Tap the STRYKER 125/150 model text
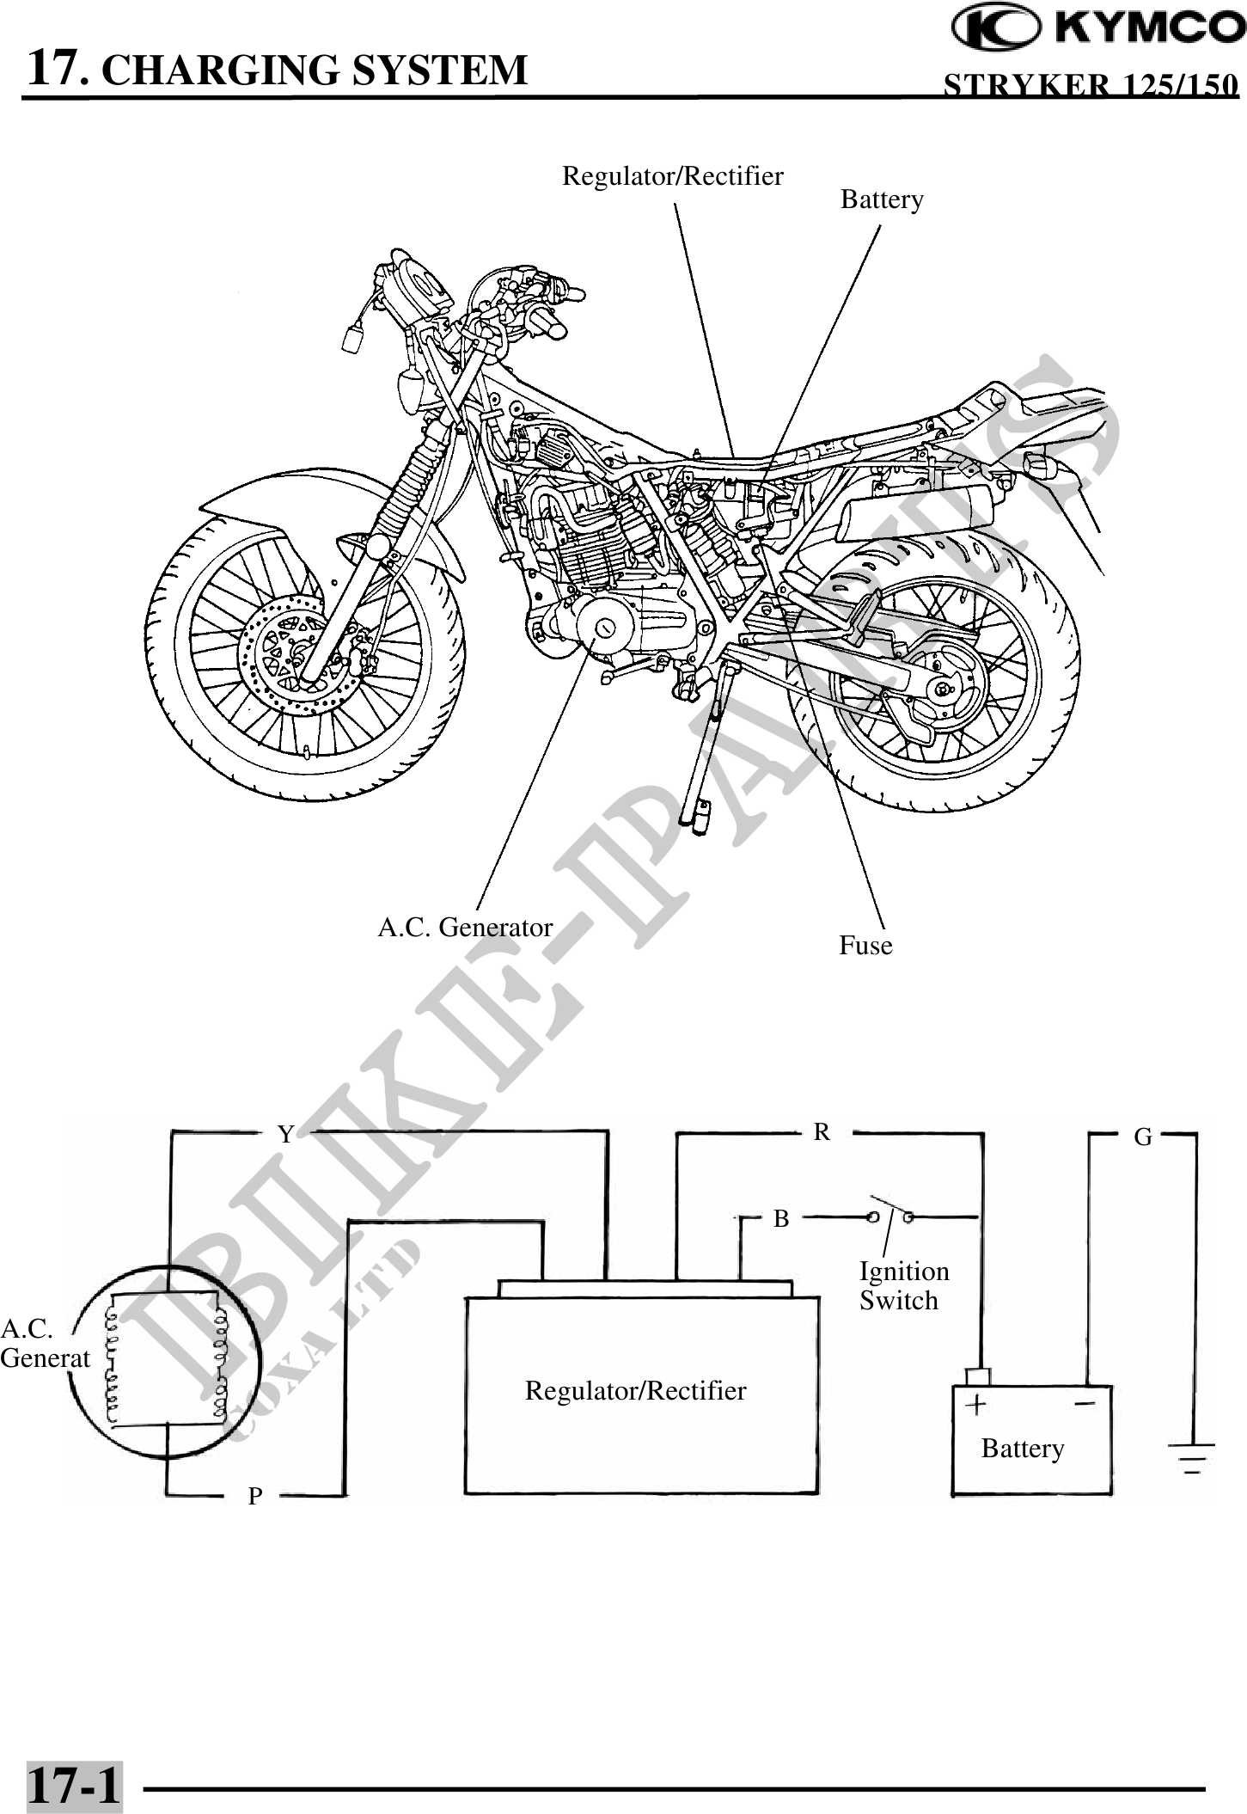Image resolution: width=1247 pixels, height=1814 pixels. [x=1091, y=86]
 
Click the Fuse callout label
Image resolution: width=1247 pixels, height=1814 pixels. [x=865, y=946]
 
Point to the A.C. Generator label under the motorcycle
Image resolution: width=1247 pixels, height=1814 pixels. [x=465, y=928]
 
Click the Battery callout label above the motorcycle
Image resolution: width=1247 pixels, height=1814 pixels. [x=882, y=199]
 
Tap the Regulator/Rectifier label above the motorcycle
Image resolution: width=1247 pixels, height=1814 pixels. [x=672, y=176]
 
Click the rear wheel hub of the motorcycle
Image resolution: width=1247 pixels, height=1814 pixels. [x=944, y=689]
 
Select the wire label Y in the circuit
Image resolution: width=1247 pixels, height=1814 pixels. [x=285, y=1135]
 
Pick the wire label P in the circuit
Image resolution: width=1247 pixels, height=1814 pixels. [x=254, y=1497]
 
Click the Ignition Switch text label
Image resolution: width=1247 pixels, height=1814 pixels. [x=903, y=1285]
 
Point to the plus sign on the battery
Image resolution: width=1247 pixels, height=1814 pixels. [x=976, y=1405]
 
